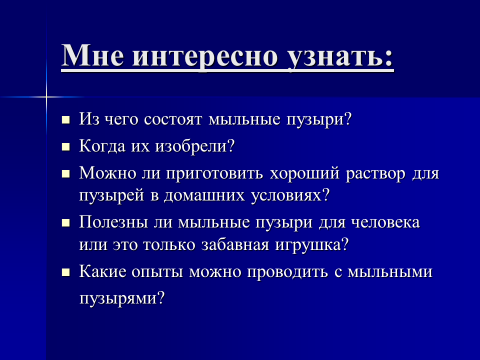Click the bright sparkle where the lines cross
coord(46,97)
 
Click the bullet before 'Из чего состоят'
coord(65,119)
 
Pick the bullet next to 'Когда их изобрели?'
coord(65,146)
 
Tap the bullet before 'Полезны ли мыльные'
coord(65,222)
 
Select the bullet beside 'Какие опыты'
coord(65,272)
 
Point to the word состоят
coord(173,119)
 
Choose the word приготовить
coord(214,174)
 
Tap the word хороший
coord(304,173)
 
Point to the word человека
coord(385,222)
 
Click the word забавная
coord(235,244)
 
